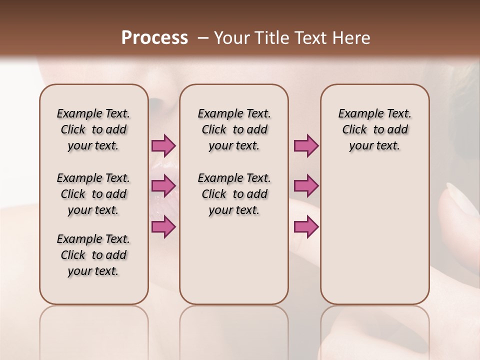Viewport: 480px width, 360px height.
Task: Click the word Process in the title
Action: [x=154, y=38]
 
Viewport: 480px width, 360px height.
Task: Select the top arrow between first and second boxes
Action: [x=163, y=145]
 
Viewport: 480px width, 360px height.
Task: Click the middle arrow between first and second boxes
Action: [x=163, y=186]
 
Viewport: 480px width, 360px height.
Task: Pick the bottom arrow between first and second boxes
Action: [x=163, y=227]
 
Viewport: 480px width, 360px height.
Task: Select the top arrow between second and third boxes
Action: [x=306, y=145]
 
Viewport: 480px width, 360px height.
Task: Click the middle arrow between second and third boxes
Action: [x=306, y=186]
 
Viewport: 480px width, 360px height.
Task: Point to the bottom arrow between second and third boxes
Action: [x=306, y=227]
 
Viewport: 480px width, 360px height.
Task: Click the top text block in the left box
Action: [x=93, y=129]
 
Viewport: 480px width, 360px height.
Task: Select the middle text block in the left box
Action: [x=93, y=194]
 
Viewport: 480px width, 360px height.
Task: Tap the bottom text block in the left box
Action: [x=93, y=255]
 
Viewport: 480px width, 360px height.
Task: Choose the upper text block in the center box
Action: [x=234, y=129]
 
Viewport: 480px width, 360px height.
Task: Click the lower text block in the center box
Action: [x=234, y=194]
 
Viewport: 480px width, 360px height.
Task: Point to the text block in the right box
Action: [x=374, y=129]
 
